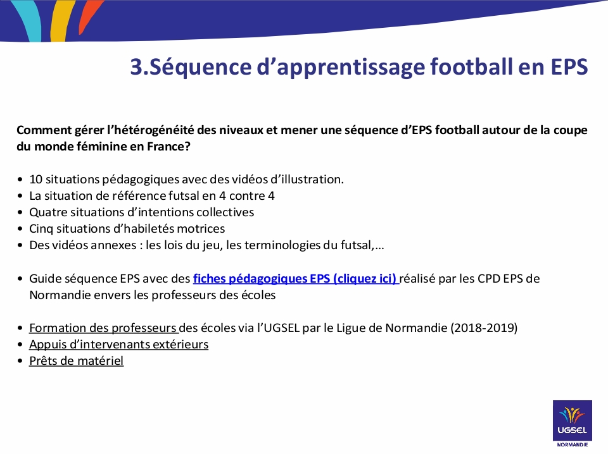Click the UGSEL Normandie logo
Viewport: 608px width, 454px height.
coord(573,424)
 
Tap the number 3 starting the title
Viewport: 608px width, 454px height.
coord(137,66)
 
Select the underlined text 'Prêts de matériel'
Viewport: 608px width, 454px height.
coord(77,360)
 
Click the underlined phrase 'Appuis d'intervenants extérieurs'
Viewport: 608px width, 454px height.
coord(118,344)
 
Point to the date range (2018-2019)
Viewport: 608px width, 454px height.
coord(484,328)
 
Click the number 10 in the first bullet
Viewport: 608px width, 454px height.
coord(35,179)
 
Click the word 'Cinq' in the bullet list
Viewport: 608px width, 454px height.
coord(41,229)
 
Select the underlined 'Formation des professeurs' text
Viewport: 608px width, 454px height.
coord(103,328)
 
